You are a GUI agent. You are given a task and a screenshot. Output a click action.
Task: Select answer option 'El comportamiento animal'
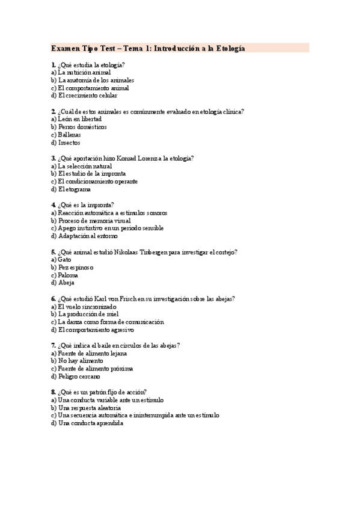pos(90,88)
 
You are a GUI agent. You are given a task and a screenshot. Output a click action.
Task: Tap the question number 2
pos(53,111)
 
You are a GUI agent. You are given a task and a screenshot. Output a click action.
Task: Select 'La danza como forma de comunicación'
pos(107,322)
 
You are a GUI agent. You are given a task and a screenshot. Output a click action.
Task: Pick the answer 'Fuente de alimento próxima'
pos(91,369)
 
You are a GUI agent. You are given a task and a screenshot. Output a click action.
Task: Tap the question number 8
pos(53,392)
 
